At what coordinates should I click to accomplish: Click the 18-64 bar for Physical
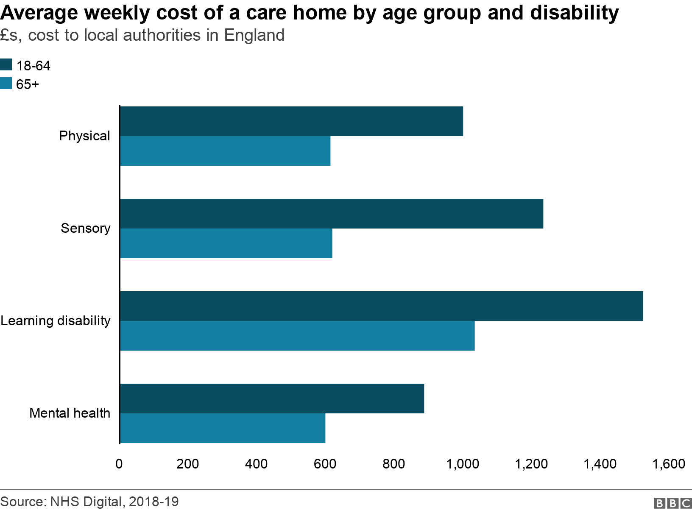click(291, 121)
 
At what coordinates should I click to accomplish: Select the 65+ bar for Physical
click(225, 151)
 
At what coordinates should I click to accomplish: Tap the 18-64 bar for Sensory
click(332, 214)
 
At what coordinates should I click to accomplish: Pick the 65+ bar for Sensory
click(226, 243)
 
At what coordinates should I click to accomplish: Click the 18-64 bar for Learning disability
click(382, 306)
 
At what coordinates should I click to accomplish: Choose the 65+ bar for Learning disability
click(297, 336)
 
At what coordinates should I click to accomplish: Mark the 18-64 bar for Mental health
click(272, 399)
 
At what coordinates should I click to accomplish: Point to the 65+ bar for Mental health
click(223, 428)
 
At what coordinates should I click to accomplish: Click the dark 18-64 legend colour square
click(6, 65)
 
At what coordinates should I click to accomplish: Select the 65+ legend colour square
click(6, 84)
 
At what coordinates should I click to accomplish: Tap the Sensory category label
click(85, 228)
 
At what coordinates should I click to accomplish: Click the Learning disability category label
click(56, 321)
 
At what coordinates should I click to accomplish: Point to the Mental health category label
click(70, 413)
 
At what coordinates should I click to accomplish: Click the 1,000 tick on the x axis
click(463, 464)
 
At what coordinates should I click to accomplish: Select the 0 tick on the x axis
click(119, 464)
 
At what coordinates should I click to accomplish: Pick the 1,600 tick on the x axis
click(669, 464)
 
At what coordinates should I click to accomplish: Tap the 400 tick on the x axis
click(256, 464)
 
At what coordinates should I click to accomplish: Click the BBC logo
click(672, 503)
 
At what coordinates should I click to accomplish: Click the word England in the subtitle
click(254, 35)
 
